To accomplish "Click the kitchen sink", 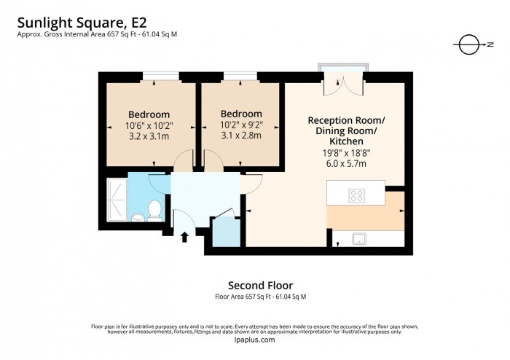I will tap(358, 237).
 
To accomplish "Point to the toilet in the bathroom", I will tap(154, 210).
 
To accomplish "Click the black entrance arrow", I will tap(184, 236).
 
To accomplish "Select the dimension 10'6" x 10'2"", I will tap(149, 125).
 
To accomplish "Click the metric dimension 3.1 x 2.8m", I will tap(241, 135).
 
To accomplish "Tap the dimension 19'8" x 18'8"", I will tap(347, 152).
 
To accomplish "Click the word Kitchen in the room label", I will tap(347, 141).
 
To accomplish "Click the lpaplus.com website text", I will tap(255, 340).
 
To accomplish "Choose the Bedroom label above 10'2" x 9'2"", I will tap(241, 114).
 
